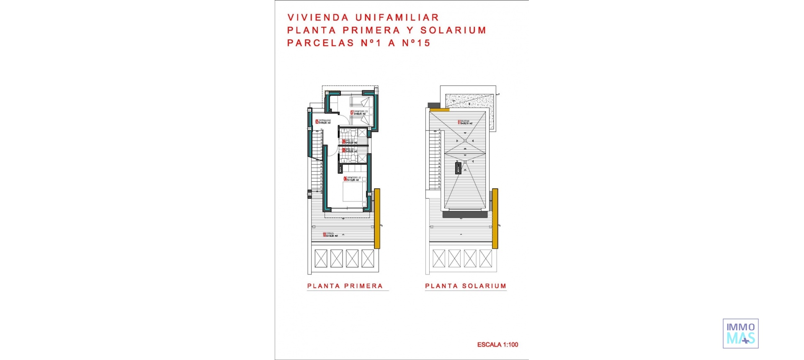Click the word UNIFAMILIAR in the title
click(x=397, y=18)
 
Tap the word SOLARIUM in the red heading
click(x=453, y=30)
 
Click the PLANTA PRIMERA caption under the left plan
click(x=345, y=286)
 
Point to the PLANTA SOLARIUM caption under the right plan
click(x=466, y=286)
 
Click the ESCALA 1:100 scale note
click(x=497, y=345)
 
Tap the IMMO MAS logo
click(x=740, y=333)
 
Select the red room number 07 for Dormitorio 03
click(x=352, y=112)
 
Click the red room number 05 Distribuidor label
click(x=317, y=121)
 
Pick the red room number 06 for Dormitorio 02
click(x=345, y=179)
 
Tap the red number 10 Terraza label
click(x=324, y=234)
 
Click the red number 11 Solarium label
click(x=459, y=122)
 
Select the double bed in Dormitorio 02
click(x=354, y=192)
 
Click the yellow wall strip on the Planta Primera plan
click(x=377, y=218)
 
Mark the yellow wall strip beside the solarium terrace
click(x=495, y=218)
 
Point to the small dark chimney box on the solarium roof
click(x=459, y=168)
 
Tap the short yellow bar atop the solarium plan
click(x=439, y=110)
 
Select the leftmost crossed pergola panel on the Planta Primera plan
click(x=321, y=258)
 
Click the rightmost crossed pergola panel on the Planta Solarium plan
click(x=486, y=258)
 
